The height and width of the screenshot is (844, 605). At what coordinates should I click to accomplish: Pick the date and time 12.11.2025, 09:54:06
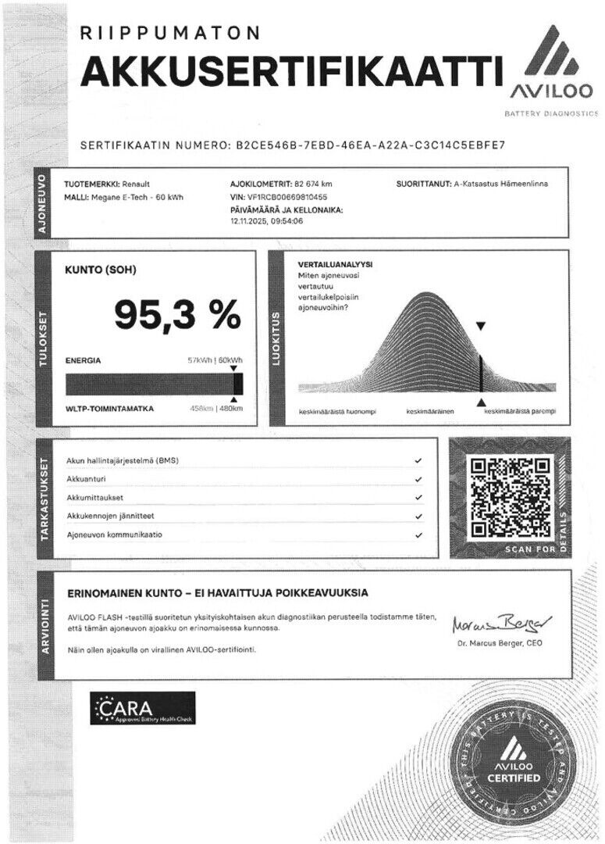click(267, 221)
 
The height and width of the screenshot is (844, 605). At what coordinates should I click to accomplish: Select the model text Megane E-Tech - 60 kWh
click(136, 197)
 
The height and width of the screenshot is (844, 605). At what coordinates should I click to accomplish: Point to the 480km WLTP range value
click(231, 409)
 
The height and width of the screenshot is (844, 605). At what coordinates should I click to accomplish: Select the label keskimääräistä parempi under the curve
click(521, 411)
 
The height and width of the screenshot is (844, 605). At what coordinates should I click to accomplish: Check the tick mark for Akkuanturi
click(418, 479)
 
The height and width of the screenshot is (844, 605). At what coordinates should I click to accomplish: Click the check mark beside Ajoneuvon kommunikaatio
click(418, 535)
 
